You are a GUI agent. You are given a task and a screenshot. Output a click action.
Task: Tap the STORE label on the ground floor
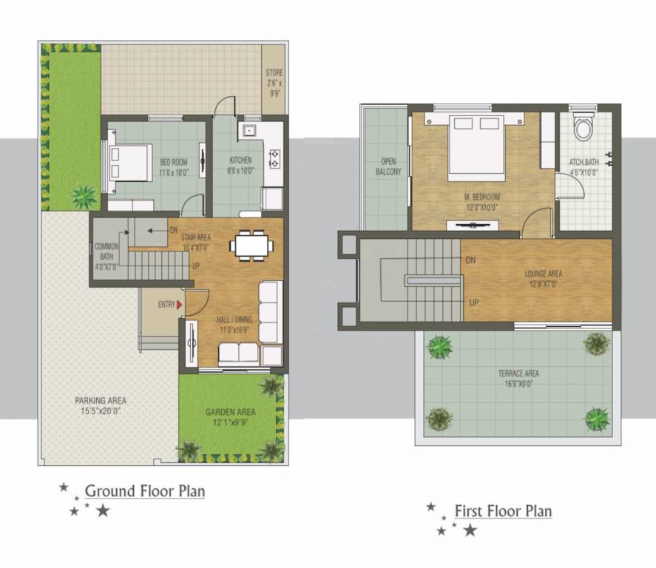[274, 73]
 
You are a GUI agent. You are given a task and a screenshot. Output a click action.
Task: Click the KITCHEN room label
[240, 160]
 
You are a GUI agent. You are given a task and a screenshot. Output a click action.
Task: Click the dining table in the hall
[250, 244]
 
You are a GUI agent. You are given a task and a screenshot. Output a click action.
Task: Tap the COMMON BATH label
[107, 252]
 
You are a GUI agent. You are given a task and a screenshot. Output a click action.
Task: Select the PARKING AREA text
[100, 400]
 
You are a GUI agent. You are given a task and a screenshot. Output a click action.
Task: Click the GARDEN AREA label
[231, 412]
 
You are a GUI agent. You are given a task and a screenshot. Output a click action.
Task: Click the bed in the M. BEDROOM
[476, 143]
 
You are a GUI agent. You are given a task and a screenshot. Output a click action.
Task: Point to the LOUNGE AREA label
[544, 274]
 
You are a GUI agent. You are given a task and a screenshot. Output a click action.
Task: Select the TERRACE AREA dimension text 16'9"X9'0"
[518, 384]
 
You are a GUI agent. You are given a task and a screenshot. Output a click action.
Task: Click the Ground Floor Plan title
[145, 490]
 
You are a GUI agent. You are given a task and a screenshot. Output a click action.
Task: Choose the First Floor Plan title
[503, 510]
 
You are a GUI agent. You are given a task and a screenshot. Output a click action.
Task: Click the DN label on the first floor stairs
[470, 260]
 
